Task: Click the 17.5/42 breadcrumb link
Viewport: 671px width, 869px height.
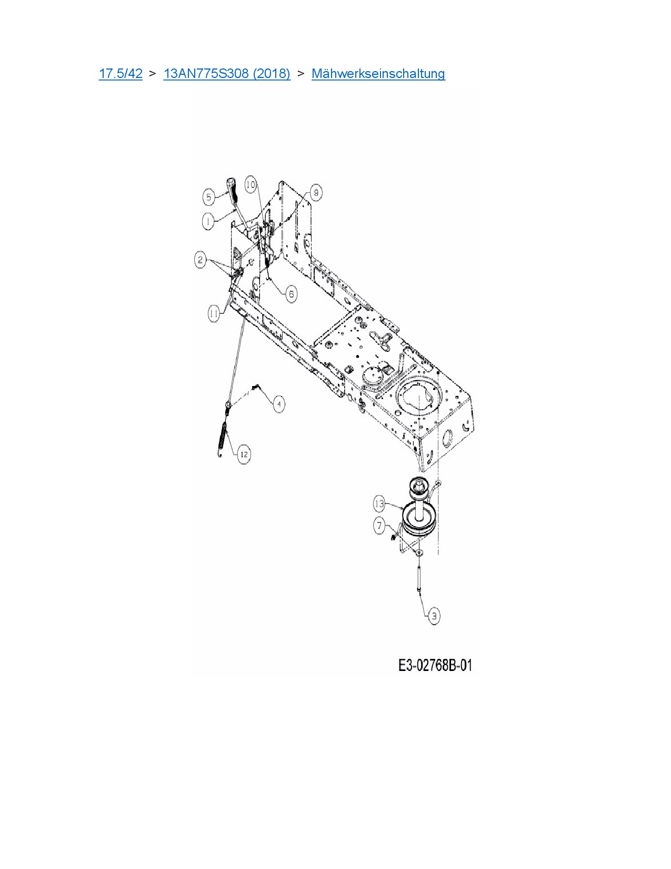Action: click(x=121, y=73)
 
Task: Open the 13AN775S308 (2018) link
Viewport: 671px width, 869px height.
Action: click(x=227, y=73)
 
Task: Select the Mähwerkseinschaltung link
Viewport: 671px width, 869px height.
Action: click(x=378, y=73)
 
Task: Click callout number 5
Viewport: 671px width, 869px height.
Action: click(x=209, y=197)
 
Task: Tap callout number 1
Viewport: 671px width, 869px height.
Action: click(x=208, y=222)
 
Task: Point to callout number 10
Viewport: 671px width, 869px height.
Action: click(x=251, y=184)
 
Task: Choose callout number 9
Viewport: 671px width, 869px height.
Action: click(x=316, y=193)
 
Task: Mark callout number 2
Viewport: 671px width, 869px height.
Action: click(x=201, y=260)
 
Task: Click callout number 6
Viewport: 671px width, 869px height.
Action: click(x=291, y=293)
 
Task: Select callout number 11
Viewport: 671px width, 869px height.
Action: click(x=213, y=314)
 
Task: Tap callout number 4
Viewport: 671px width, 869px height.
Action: click(x=278, y=404)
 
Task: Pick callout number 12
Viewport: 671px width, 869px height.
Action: click(x=244, y=454)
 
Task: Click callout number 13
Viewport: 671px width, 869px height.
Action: click(x=380, y=503)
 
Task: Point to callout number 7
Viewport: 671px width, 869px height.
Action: click(x=380, y=525)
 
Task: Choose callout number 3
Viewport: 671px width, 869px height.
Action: click(x=434, y=616)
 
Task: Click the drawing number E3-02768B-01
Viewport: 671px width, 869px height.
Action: click(x=435, y=666)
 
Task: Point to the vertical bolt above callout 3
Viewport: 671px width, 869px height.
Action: click(x=419, y=577)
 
